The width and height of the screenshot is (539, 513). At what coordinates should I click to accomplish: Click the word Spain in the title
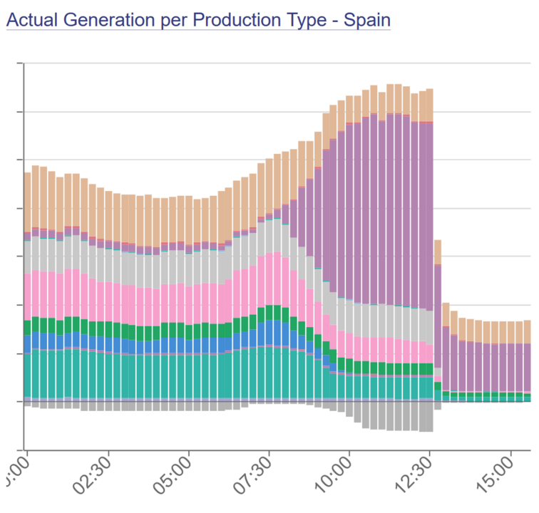pos(367,19)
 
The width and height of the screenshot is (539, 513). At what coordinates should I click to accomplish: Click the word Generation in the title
pos(101,19)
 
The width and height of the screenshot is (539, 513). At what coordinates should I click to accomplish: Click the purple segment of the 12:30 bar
pos(429,214)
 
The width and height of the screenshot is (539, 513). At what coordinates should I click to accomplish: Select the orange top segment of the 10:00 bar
pos(349,110)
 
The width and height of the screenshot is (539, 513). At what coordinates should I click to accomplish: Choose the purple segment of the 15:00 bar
pos(510,367)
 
